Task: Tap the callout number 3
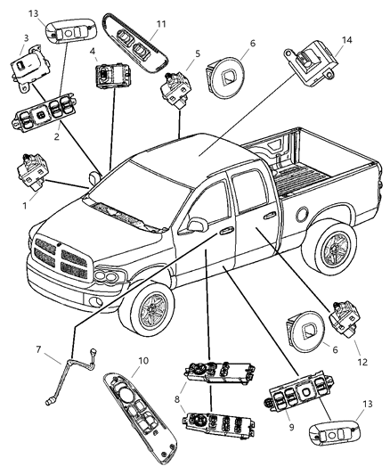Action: click(26, 37)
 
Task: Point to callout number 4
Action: click(93, 51)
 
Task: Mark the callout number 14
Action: click(346, 41)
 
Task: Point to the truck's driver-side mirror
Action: click(196, 223)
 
